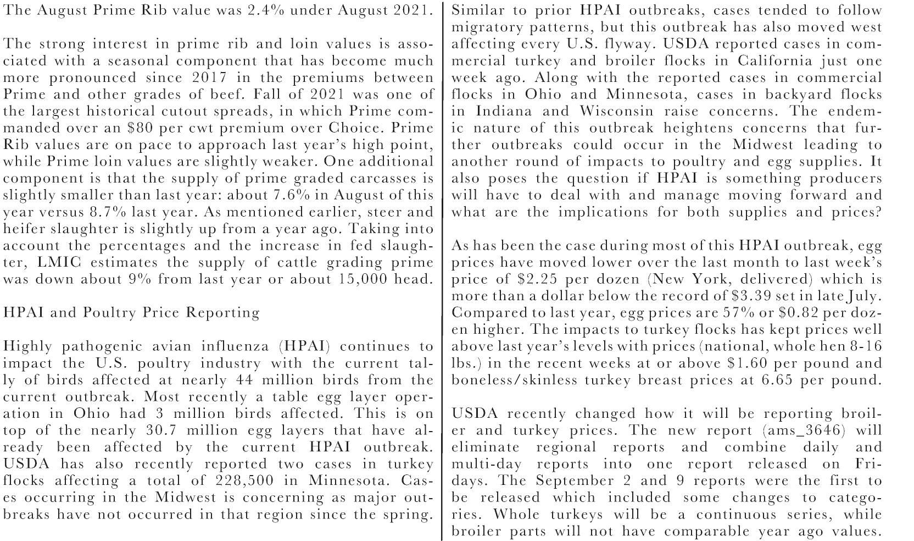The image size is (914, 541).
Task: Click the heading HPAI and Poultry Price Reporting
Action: point(131,313)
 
